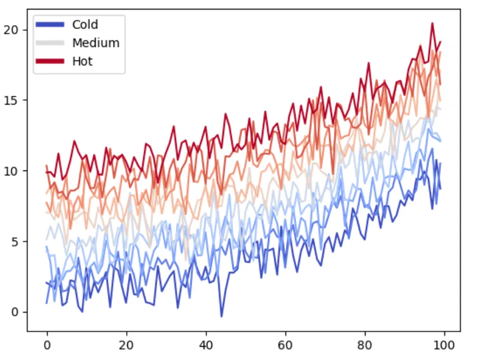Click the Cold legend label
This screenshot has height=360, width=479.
85,25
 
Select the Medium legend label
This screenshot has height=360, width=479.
96,43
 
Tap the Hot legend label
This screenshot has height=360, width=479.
82,61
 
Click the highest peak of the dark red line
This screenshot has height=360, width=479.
433,23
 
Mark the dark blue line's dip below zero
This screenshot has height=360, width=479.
221,316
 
